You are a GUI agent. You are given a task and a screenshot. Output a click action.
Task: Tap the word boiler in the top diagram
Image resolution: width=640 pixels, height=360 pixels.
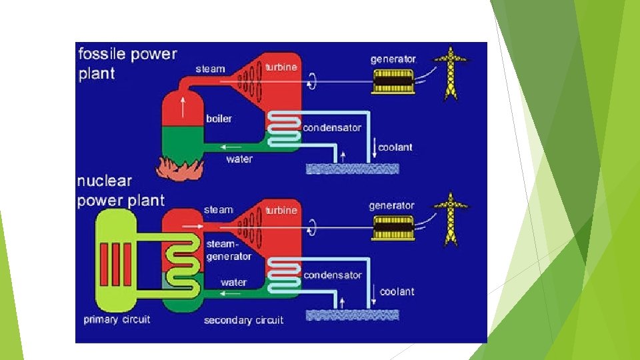(x=219, y=119)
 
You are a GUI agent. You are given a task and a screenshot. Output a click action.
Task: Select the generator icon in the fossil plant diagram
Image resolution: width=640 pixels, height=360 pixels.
(x=392, y=80)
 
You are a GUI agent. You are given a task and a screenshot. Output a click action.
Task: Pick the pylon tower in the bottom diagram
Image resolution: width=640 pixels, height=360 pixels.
(x=451, y=219)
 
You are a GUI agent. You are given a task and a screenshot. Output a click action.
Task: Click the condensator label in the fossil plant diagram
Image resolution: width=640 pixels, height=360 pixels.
(x=332, y=127)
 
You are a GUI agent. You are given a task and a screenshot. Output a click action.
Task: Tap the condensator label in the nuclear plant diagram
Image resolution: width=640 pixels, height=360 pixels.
(x=332, y=275)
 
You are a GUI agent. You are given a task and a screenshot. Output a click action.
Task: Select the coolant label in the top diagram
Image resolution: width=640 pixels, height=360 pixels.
(x=395, y=147)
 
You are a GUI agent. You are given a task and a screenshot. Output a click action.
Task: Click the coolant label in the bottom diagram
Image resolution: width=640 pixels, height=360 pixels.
(x=397, y=291)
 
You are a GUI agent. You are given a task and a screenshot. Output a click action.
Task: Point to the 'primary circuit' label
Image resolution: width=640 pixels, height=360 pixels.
(x=117, y=319)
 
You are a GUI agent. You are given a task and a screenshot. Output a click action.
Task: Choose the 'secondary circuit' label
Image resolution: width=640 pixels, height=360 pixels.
(x=243, y=320)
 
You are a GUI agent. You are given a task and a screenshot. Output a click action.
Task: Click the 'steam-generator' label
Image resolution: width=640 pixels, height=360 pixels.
(x=229, y=250)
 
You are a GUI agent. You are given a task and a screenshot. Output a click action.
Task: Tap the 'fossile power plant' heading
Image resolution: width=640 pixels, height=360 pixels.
(x=127, y=63)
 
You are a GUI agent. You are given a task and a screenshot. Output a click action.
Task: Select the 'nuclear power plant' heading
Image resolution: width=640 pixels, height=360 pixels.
(x=120, y=191)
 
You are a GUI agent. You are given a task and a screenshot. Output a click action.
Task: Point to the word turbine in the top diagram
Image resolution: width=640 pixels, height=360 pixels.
(x=281, y=67)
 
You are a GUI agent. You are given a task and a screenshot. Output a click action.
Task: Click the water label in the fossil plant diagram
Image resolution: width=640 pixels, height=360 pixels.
(x=239, y=159)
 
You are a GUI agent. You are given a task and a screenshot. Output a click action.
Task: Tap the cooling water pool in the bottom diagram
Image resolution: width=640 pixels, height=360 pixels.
(x=352, y=314)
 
